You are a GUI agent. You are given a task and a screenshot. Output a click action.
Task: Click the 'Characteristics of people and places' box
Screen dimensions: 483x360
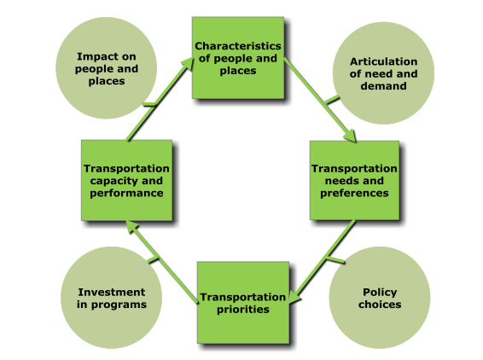point(238,58)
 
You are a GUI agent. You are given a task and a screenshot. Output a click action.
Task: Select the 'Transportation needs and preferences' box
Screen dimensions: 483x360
point(354,181)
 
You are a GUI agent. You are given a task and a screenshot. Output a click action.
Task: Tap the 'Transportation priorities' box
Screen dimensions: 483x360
point(243,302)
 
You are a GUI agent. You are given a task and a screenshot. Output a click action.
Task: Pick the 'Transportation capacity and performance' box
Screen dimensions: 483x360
point(126,181)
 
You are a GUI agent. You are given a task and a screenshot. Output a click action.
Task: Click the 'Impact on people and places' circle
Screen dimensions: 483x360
point(107,68)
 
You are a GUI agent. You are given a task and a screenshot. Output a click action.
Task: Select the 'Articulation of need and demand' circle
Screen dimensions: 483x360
point(383,73)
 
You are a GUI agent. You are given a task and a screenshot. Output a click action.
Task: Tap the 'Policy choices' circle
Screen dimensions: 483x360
point(380,298)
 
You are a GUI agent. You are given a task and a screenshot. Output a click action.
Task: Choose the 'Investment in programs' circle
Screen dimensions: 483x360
point(112,298)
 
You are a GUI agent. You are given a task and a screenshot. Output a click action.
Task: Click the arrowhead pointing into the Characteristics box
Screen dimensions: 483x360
point(187,64)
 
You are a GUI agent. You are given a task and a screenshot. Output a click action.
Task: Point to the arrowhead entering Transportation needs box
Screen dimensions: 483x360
point(350,136)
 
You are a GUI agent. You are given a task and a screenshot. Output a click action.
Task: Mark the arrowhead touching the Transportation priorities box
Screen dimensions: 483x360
point(295,297)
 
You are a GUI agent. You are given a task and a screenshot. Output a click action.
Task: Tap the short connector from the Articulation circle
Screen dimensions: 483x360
point(332,100)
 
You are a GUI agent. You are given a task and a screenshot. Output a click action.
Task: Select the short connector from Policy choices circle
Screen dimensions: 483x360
point(335,259)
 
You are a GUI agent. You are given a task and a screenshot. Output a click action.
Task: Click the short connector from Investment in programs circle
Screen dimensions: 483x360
point(153,259)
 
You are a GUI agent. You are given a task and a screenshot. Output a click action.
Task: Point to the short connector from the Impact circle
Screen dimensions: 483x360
point(149,104)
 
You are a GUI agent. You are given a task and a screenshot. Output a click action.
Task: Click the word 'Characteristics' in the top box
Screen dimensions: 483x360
point(238,46)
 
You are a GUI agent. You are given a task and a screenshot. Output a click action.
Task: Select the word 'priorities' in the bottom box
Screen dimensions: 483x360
point(243,310)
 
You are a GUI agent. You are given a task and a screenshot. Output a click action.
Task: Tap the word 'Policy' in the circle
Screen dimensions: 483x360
point(380,293)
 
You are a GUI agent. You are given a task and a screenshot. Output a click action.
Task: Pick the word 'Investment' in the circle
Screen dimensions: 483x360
point(112,292)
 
